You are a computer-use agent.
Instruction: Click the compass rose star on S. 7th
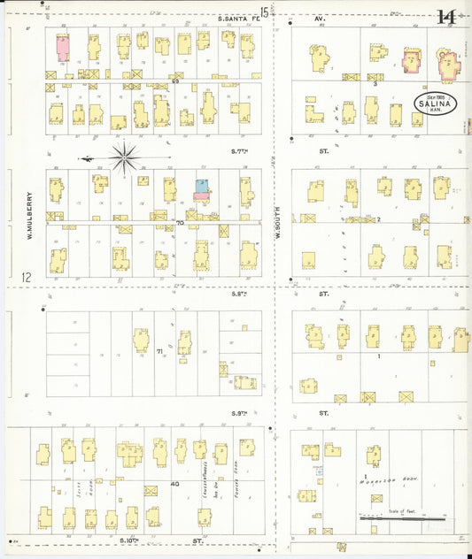(x=125, y=157)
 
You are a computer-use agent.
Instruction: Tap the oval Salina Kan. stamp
(x=433, y=102)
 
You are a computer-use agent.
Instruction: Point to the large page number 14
(x=446, y=17)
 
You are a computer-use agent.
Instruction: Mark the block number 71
(x=160, y=352)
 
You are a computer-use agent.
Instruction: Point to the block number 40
(x=174, y=483)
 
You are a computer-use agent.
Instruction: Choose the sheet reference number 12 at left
(x=27, y=278)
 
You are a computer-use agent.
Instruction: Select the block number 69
(x=176, y=82)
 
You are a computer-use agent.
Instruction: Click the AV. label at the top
(x=321, y=18)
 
